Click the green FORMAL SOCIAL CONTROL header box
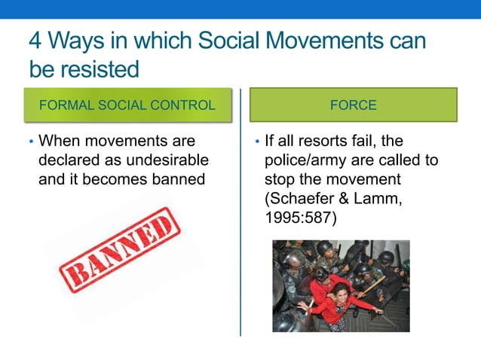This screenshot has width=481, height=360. coord(127,105)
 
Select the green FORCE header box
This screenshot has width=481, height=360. coord(353,105)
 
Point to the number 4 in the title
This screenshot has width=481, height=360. coord(36,42)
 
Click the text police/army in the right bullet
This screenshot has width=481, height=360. coord(309,161)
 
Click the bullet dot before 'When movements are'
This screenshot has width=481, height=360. coord(31,142)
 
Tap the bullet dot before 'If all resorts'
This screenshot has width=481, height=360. coord(257,142)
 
